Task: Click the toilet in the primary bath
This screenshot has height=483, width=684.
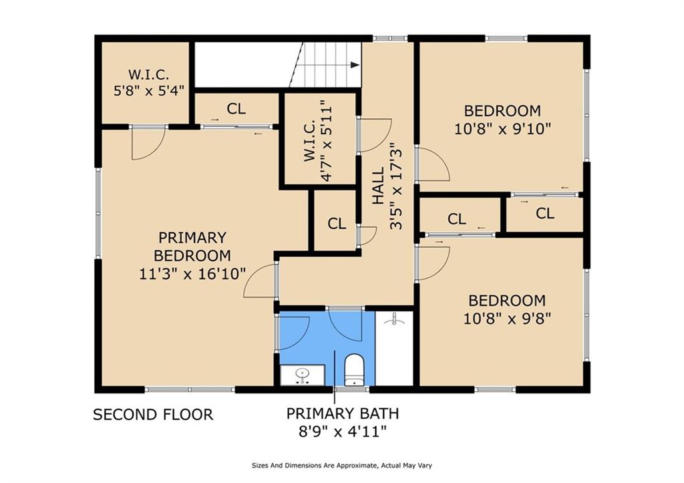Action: point(354,370)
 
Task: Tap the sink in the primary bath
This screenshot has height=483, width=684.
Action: point(303,375)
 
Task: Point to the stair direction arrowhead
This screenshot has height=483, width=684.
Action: point(355,65)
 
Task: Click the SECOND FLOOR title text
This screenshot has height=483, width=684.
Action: point(153,414)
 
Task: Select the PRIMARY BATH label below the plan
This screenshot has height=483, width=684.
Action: point(343,413)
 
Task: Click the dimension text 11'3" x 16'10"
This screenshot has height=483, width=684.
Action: point(192,274)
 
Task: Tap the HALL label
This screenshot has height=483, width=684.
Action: point(378,186)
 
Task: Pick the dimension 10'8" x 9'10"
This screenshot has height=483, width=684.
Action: point(502,129)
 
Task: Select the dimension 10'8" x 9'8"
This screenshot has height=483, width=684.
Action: point(507,319)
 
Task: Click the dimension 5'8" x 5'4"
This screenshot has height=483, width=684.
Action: point(149,91)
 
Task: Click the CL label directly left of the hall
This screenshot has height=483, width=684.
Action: point(337,223)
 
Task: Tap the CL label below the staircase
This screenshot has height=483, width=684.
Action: point(236,109)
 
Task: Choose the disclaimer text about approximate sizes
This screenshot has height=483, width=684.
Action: point(342,466)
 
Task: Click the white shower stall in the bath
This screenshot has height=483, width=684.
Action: point(394,348)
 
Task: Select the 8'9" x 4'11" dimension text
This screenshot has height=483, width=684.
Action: point(343,432)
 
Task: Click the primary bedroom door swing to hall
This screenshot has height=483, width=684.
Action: point(261,281)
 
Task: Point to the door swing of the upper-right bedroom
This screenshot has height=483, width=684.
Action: point(432,164)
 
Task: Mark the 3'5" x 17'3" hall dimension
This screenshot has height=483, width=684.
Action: point(396,186)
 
